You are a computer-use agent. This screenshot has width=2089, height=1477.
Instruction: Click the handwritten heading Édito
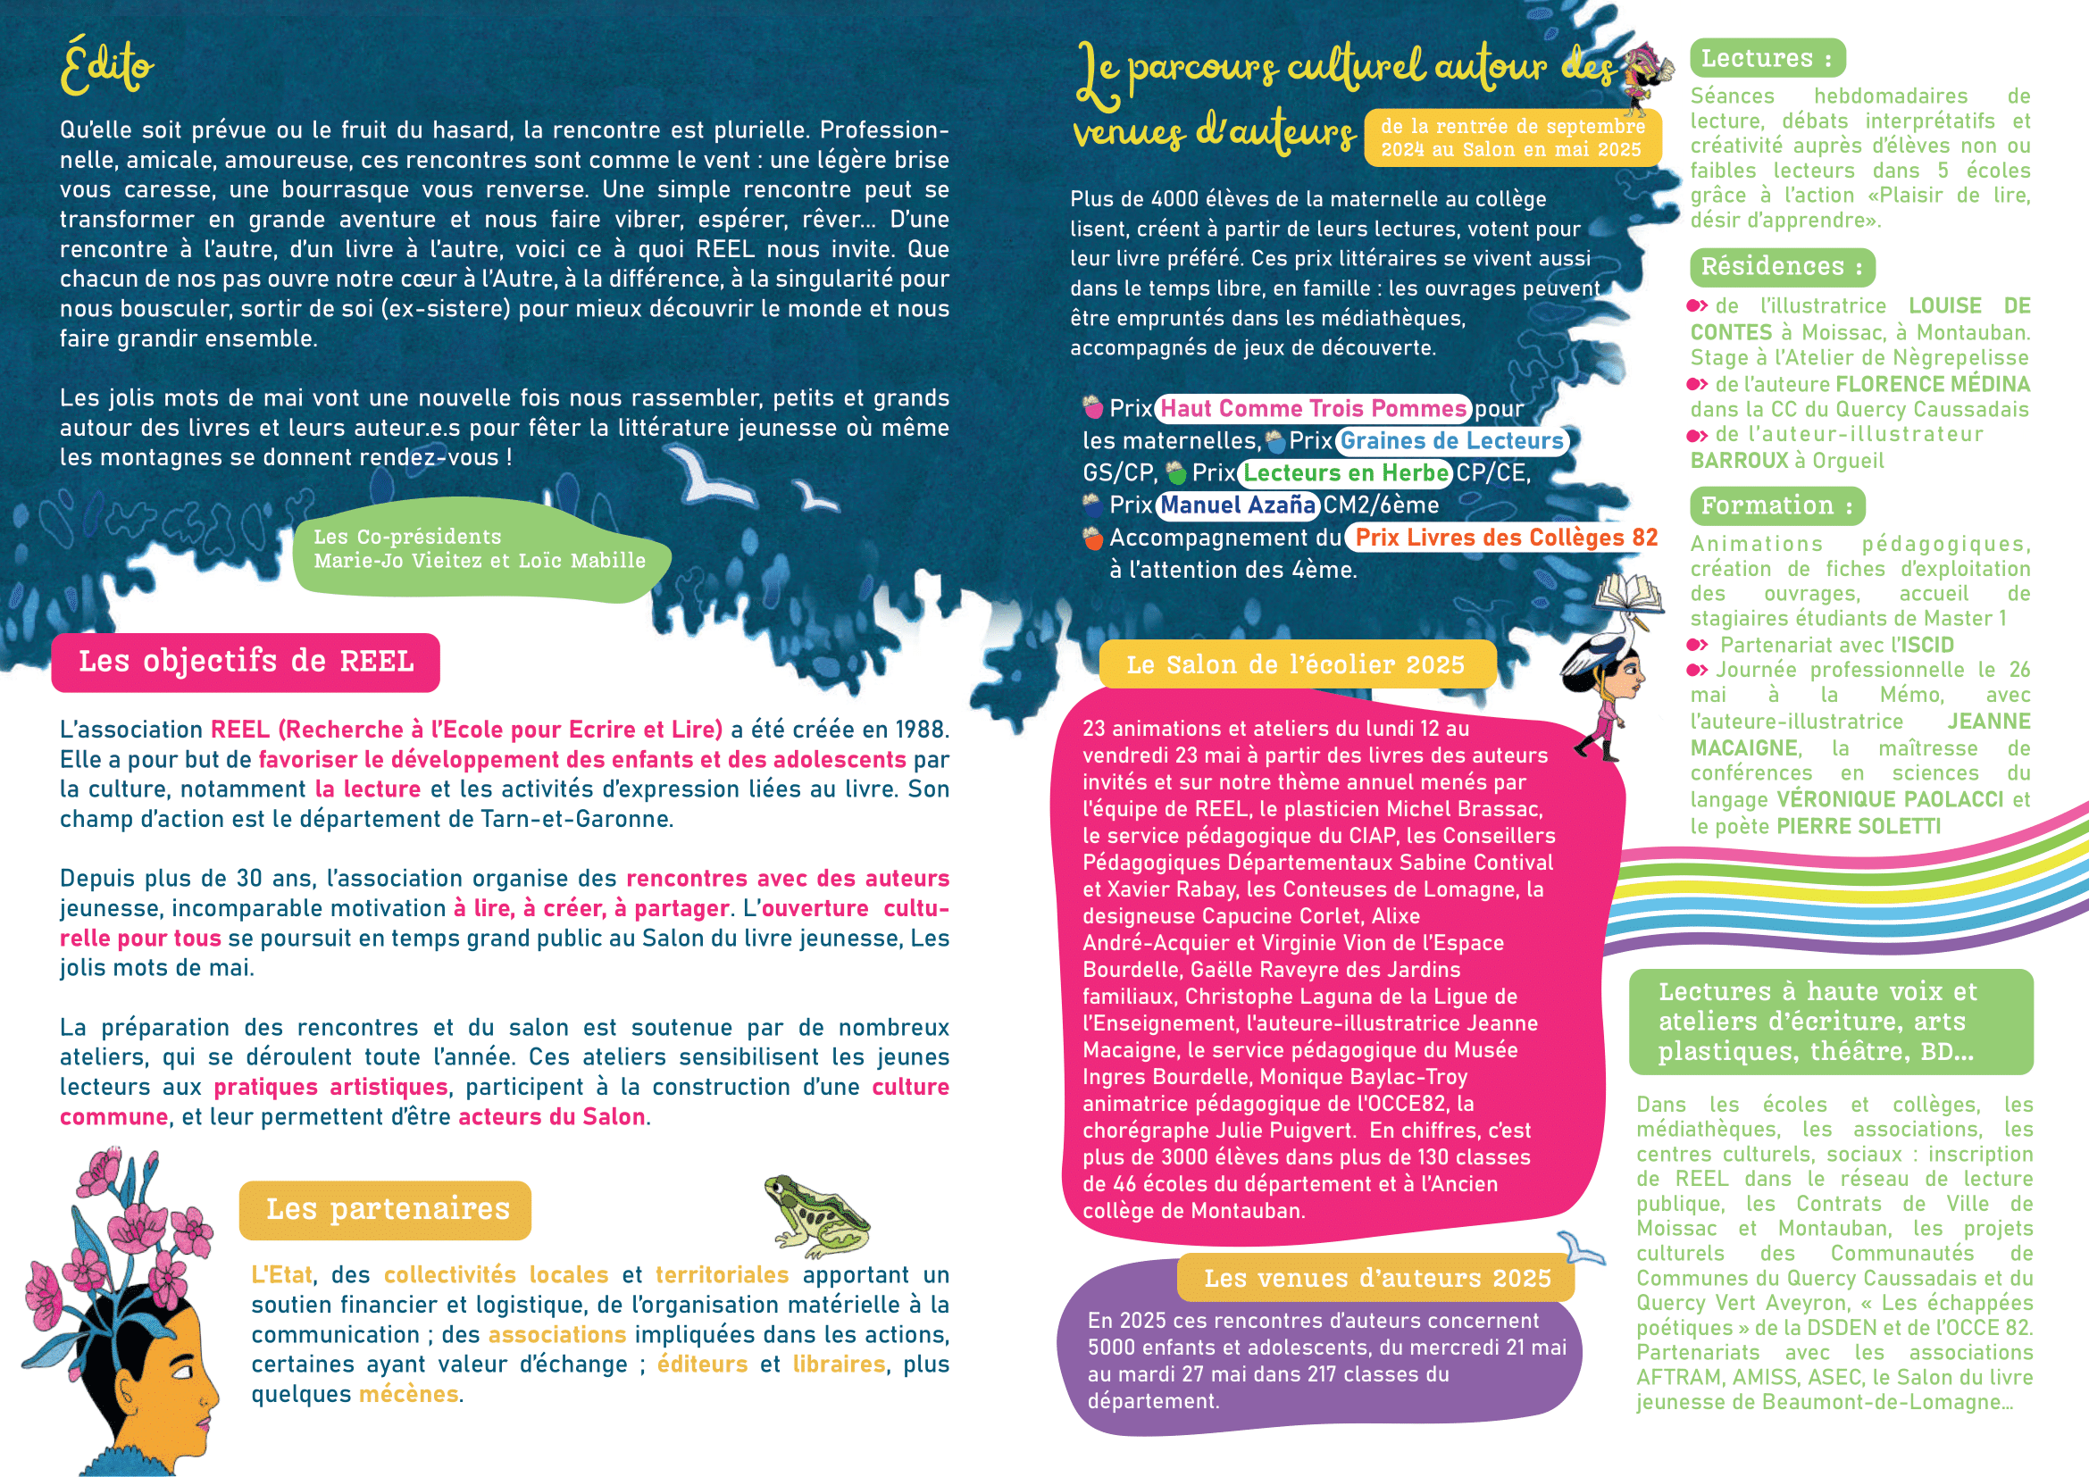[107, 65]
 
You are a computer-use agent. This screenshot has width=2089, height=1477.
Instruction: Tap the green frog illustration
[815, 1215]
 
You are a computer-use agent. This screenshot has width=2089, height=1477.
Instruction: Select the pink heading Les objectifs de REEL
[246, 662]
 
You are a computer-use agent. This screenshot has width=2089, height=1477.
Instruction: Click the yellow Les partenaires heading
[386, 1210]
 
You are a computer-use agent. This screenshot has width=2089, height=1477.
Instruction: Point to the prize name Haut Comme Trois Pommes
[1313, 409]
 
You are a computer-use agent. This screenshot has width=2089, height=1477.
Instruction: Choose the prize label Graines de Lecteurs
[1451, 441]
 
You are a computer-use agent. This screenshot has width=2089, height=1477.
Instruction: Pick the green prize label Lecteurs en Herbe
[1346, 473]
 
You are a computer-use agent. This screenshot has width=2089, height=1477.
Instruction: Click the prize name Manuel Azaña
[1237, 505]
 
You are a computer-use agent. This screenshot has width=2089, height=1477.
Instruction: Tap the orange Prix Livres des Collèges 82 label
[1506, 538]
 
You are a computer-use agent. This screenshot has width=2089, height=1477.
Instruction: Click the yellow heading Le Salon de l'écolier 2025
[1296, 665]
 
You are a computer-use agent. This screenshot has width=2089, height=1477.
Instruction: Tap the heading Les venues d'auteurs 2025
[1376, 1279]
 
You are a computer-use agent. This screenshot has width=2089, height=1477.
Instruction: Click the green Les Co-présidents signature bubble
[480, 549]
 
